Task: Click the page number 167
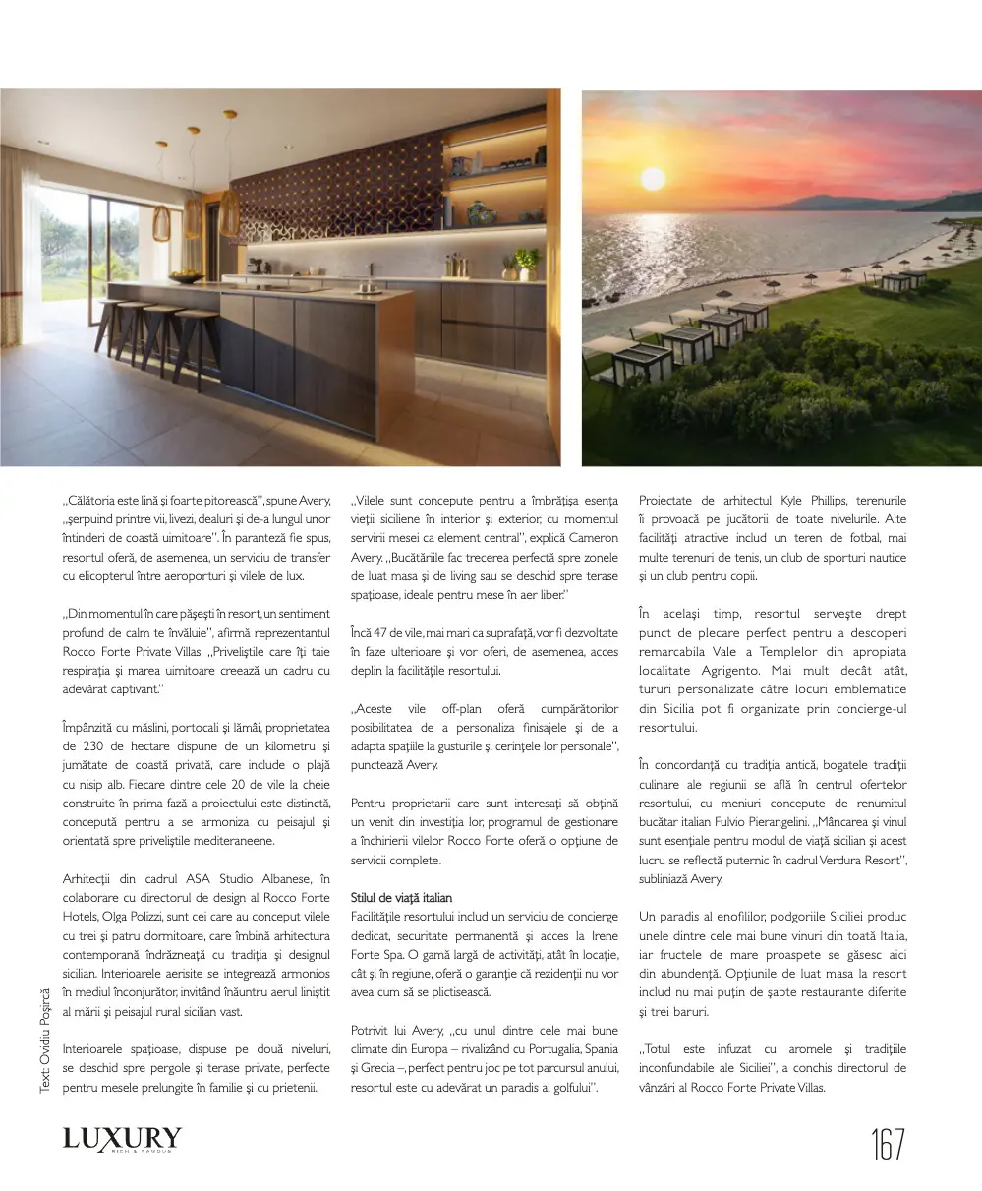pyautogui.click(x=887, y=1145)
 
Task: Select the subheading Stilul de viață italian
pyautogui.click(x=401, y=897)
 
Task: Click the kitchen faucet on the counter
pyautogui.click(x=372, y=273)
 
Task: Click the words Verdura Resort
pyautogui.click(x=854, y=861)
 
